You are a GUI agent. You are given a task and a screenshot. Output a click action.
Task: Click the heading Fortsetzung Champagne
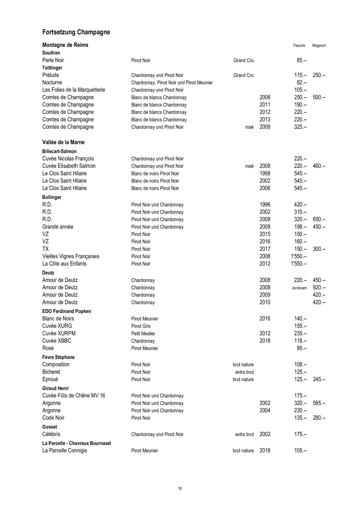76,32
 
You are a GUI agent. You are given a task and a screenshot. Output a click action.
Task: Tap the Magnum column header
319,46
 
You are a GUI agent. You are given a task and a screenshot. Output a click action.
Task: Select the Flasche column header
299,46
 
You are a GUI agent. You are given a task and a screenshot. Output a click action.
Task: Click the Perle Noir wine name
53,60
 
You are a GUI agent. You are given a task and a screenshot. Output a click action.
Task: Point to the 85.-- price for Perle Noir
301,60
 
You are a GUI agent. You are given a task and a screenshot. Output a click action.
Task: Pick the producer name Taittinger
52,68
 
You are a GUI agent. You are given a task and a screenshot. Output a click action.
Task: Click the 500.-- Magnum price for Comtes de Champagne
319,97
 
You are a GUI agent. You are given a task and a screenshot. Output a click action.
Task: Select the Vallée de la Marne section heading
63,142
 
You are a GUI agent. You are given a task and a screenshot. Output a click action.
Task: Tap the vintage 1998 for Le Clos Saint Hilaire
265,173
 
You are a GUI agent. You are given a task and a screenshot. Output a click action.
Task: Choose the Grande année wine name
58,227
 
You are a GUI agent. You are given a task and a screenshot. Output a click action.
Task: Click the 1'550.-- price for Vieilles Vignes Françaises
299,256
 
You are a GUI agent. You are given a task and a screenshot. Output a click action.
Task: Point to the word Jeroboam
299,288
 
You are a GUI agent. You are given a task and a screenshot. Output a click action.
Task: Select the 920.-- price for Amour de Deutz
319,287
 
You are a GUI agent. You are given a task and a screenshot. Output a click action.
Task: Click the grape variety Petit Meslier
143,333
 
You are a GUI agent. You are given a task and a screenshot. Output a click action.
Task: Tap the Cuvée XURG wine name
57,326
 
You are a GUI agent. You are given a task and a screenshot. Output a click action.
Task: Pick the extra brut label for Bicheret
244,372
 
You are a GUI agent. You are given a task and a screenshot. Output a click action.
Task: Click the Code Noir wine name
53,418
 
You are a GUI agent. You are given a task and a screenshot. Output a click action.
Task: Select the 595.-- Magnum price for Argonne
319,403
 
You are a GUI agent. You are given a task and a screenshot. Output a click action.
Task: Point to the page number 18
180,488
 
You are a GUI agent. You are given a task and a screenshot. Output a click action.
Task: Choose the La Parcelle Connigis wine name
65,450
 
